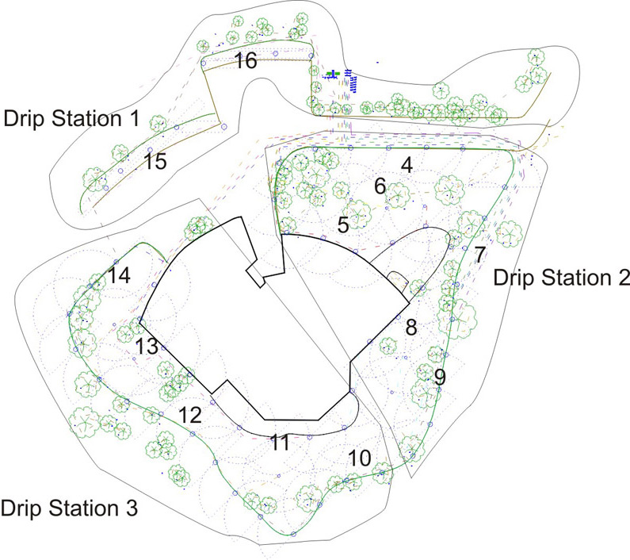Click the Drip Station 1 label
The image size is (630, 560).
point(72,120)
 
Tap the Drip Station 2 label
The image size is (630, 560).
point(561,278)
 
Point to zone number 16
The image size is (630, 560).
point(245,61)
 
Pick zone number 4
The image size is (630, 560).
point(407,166)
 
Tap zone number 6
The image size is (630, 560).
point(380,187)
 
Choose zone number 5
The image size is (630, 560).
point(343,225)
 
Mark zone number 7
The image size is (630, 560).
point(479,255)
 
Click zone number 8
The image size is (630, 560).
point(410,328)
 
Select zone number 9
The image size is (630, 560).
point(440,377)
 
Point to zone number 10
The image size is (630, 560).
point(359,458)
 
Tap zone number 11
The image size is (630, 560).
point(278,443)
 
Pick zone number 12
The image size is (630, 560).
point(190,415)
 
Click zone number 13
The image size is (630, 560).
point(147,347)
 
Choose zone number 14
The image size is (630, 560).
point(120,275)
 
